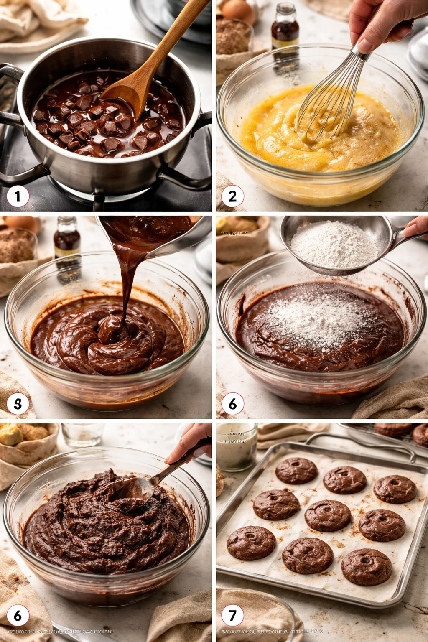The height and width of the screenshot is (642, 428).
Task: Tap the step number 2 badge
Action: [x=232, y=196]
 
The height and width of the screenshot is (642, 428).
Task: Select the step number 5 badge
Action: [x=18, y=404]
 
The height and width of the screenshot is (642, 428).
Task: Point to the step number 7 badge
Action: [x=232, y=615]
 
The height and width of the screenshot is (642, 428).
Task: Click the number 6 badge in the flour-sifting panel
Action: [x=232, y=404]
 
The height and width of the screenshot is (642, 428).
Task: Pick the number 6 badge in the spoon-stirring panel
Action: [x=18, y=615]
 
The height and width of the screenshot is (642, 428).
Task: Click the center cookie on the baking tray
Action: [x=328, y=515]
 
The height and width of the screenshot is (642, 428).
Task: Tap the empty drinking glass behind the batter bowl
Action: [x=82, y=435]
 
